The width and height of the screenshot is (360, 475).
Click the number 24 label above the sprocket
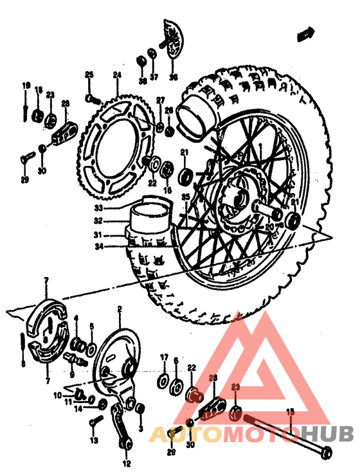(116, 75)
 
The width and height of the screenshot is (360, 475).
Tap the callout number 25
(89, 75)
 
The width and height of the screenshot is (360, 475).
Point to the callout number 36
(172, 78)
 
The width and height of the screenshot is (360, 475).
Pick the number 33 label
(98, 208)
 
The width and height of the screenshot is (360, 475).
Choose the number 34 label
(97, 245)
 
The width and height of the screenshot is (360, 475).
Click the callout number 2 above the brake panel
(119, 309)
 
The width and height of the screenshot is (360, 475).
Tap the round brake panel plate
(118, 360)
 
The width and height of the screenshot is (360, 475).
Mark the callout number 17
(164, 357)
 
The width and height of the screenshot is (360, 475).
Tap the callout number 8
(23, 364)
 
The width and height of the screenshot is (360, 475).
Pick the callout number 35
(185, 197)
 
